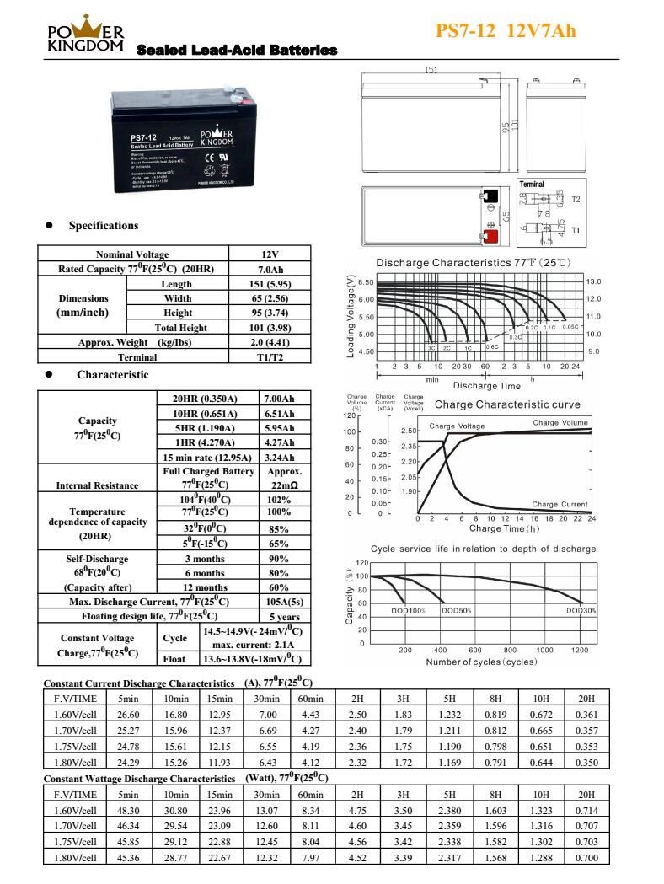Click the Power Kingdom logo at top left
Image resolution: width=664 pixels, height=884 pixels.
tap(86, 35)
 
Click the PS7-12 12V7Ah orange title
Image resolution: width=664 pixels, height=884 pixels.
tap(506, 31)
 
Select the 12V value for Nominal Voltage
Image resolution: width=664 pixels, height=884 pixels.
tap(270, 254)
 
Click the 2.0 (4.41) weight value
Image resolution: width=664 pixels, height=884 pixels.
tap(270, 343)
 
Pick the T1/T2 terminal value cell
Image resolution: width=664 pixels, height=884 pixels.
tap(270, 357)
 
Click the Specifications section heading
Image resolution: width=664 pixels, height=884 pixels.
tap(103, 226)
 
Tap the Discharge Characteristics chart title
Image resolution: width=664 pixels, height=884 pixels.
tap(473, 263)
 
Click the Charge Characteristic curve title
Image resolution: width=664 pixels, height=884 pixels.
tap(507, 404)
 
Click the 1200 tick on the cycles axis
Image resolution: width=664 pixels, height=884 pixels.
tap(580, 650)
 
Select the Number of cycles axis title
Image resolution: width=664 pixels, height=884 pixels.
tap(481, 662)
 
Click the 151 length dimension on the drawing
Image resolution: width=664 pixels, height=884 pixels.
tap(431, 71)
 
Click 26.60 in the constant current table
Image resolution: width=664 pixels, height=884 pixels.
tap(128, 715)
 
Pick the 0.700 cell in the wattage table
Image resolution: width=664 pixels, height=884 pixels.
tap(586, 857)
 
